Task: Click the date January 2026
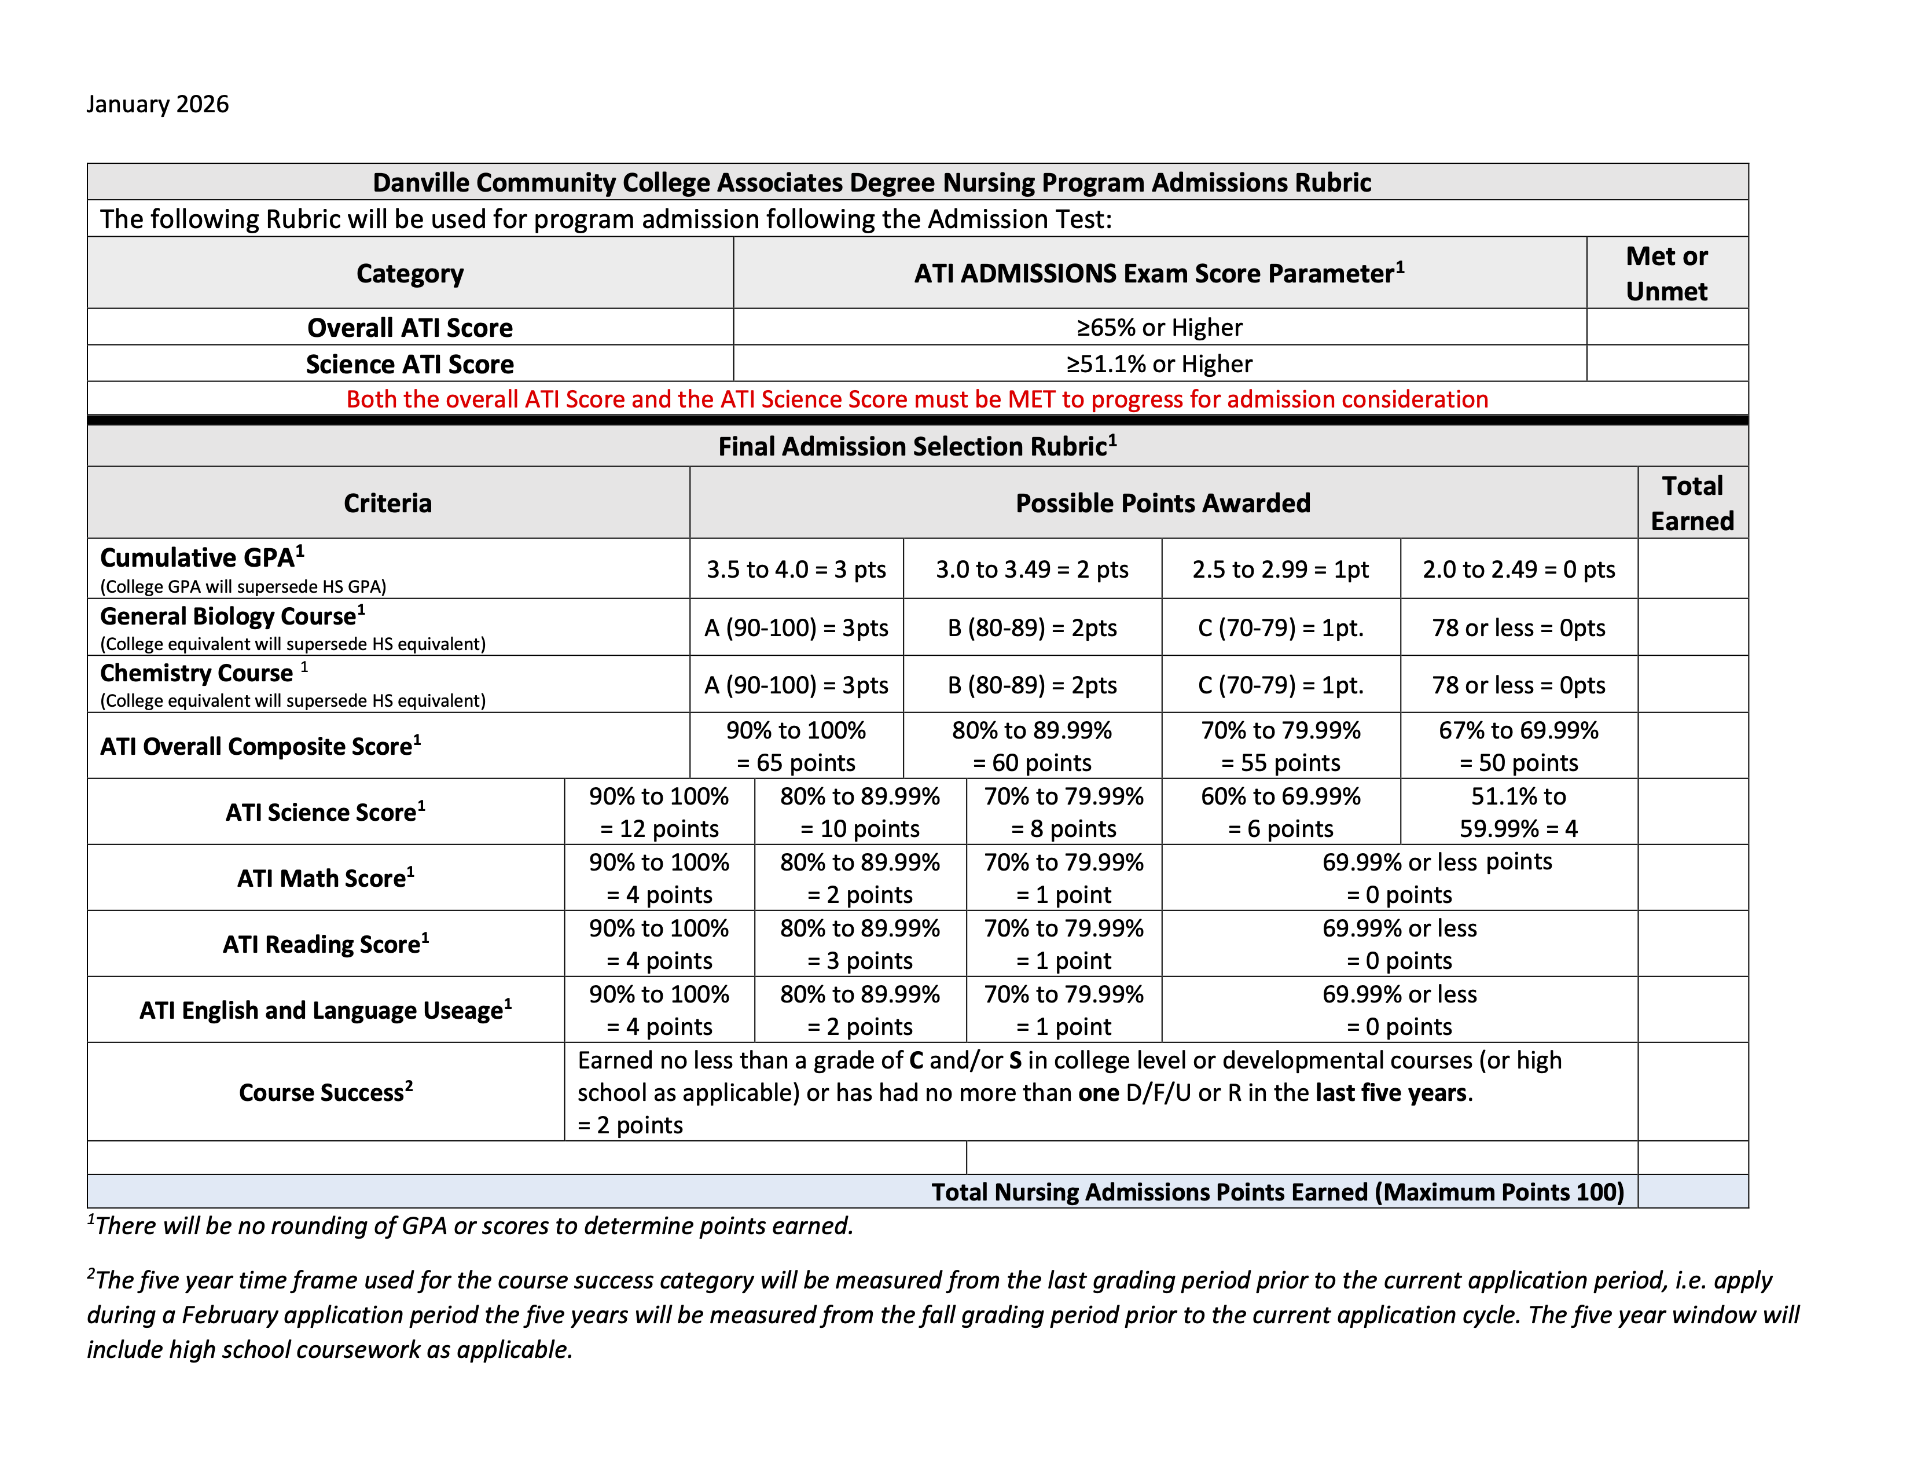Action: (157, 104)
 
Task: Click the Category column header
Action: (409, 274)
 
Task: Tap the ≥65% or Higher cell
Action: (1159, 327)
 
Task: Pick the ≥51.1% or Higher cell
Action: (1159, 364)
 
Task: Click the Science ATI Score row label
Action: (409, 364)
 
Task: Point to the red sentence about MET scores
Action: (917, 399)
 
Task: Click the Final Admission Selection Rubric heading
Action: (917, 447)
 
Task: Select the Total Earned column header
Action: (1691, 503)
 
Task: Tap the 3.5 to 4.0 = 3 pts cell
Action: (796, 569)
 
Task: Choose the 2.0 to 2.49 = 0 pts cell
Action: (1518, 569)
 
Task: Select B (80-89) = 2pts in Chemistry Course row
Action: (1032, 685)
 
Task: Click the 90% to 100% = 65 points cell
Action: (796, 746)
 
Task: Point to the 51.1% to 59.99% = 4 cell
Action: (1518, 812)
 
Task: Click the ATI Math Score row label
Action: (325, 878)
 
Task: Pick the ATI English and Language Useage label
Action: (325, 1010)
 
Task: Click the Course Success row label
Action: (325, 1092)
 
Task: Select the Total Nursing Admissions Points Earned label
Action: (1277, 1192)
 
